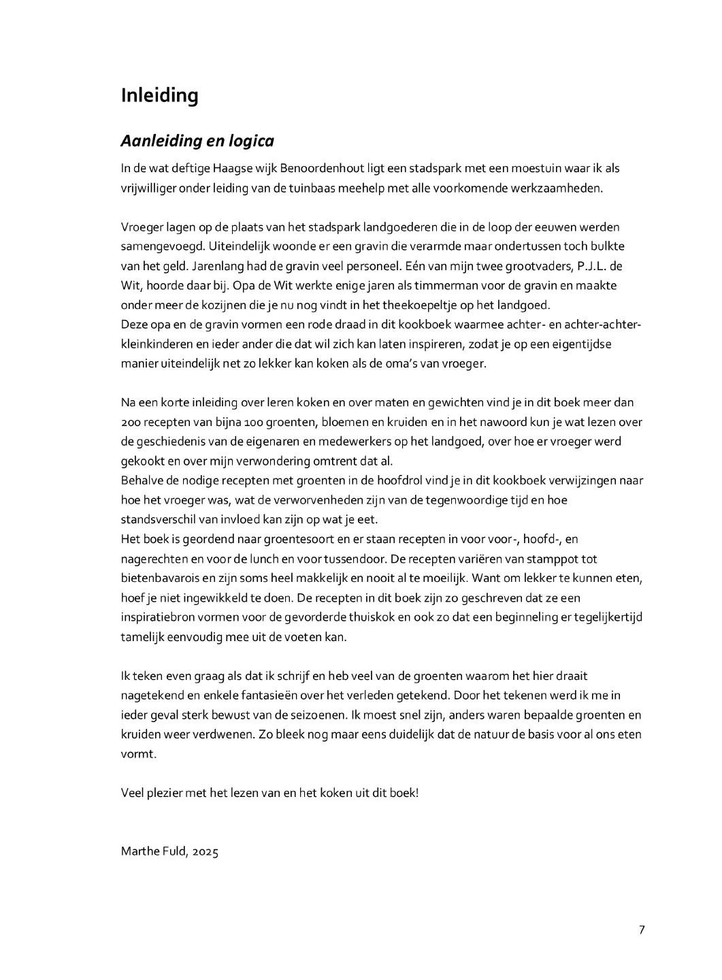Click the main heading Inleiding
(159, 95)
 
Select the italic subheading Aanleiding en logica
(197, 141)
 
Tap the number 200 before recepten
(131, 423)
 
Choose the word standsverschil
(159, 520)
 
